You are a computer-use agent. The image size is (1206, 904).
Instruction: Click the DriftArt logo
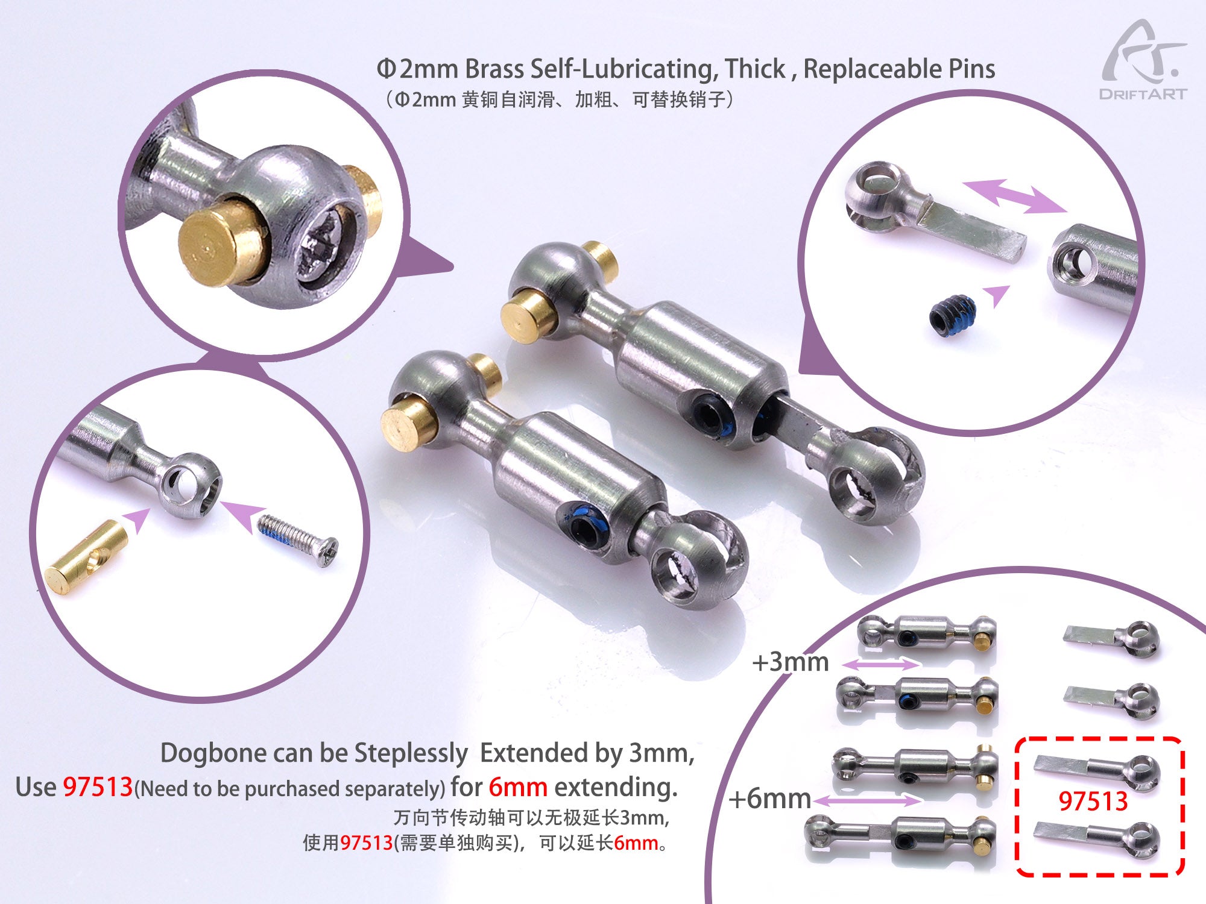[x=1143, y=60]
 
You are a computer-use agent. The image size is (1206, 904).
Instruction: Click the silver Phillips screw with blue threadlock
[x=298, y=538]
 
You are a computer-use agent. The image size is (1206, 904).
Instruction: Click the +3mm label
[x=790, y=662]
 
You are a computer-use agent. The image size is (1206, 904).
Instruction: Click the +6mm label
[x=769, y=799]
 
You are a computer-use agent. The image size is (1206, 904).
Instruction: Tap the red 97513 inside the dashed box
[x=1093, y=802]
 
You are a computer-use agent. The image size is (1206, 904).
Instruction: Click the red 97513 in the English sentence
[x=98, y=787]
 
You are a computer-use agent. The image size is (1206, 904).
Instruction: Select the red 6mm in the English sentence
[x=517, y=787]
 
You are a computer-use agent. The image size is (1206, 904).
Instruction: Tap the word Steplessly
[x=410, y=753]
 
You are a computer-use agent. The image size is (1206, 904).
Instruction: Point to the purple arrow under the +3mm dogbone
[x=881, y=665]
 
